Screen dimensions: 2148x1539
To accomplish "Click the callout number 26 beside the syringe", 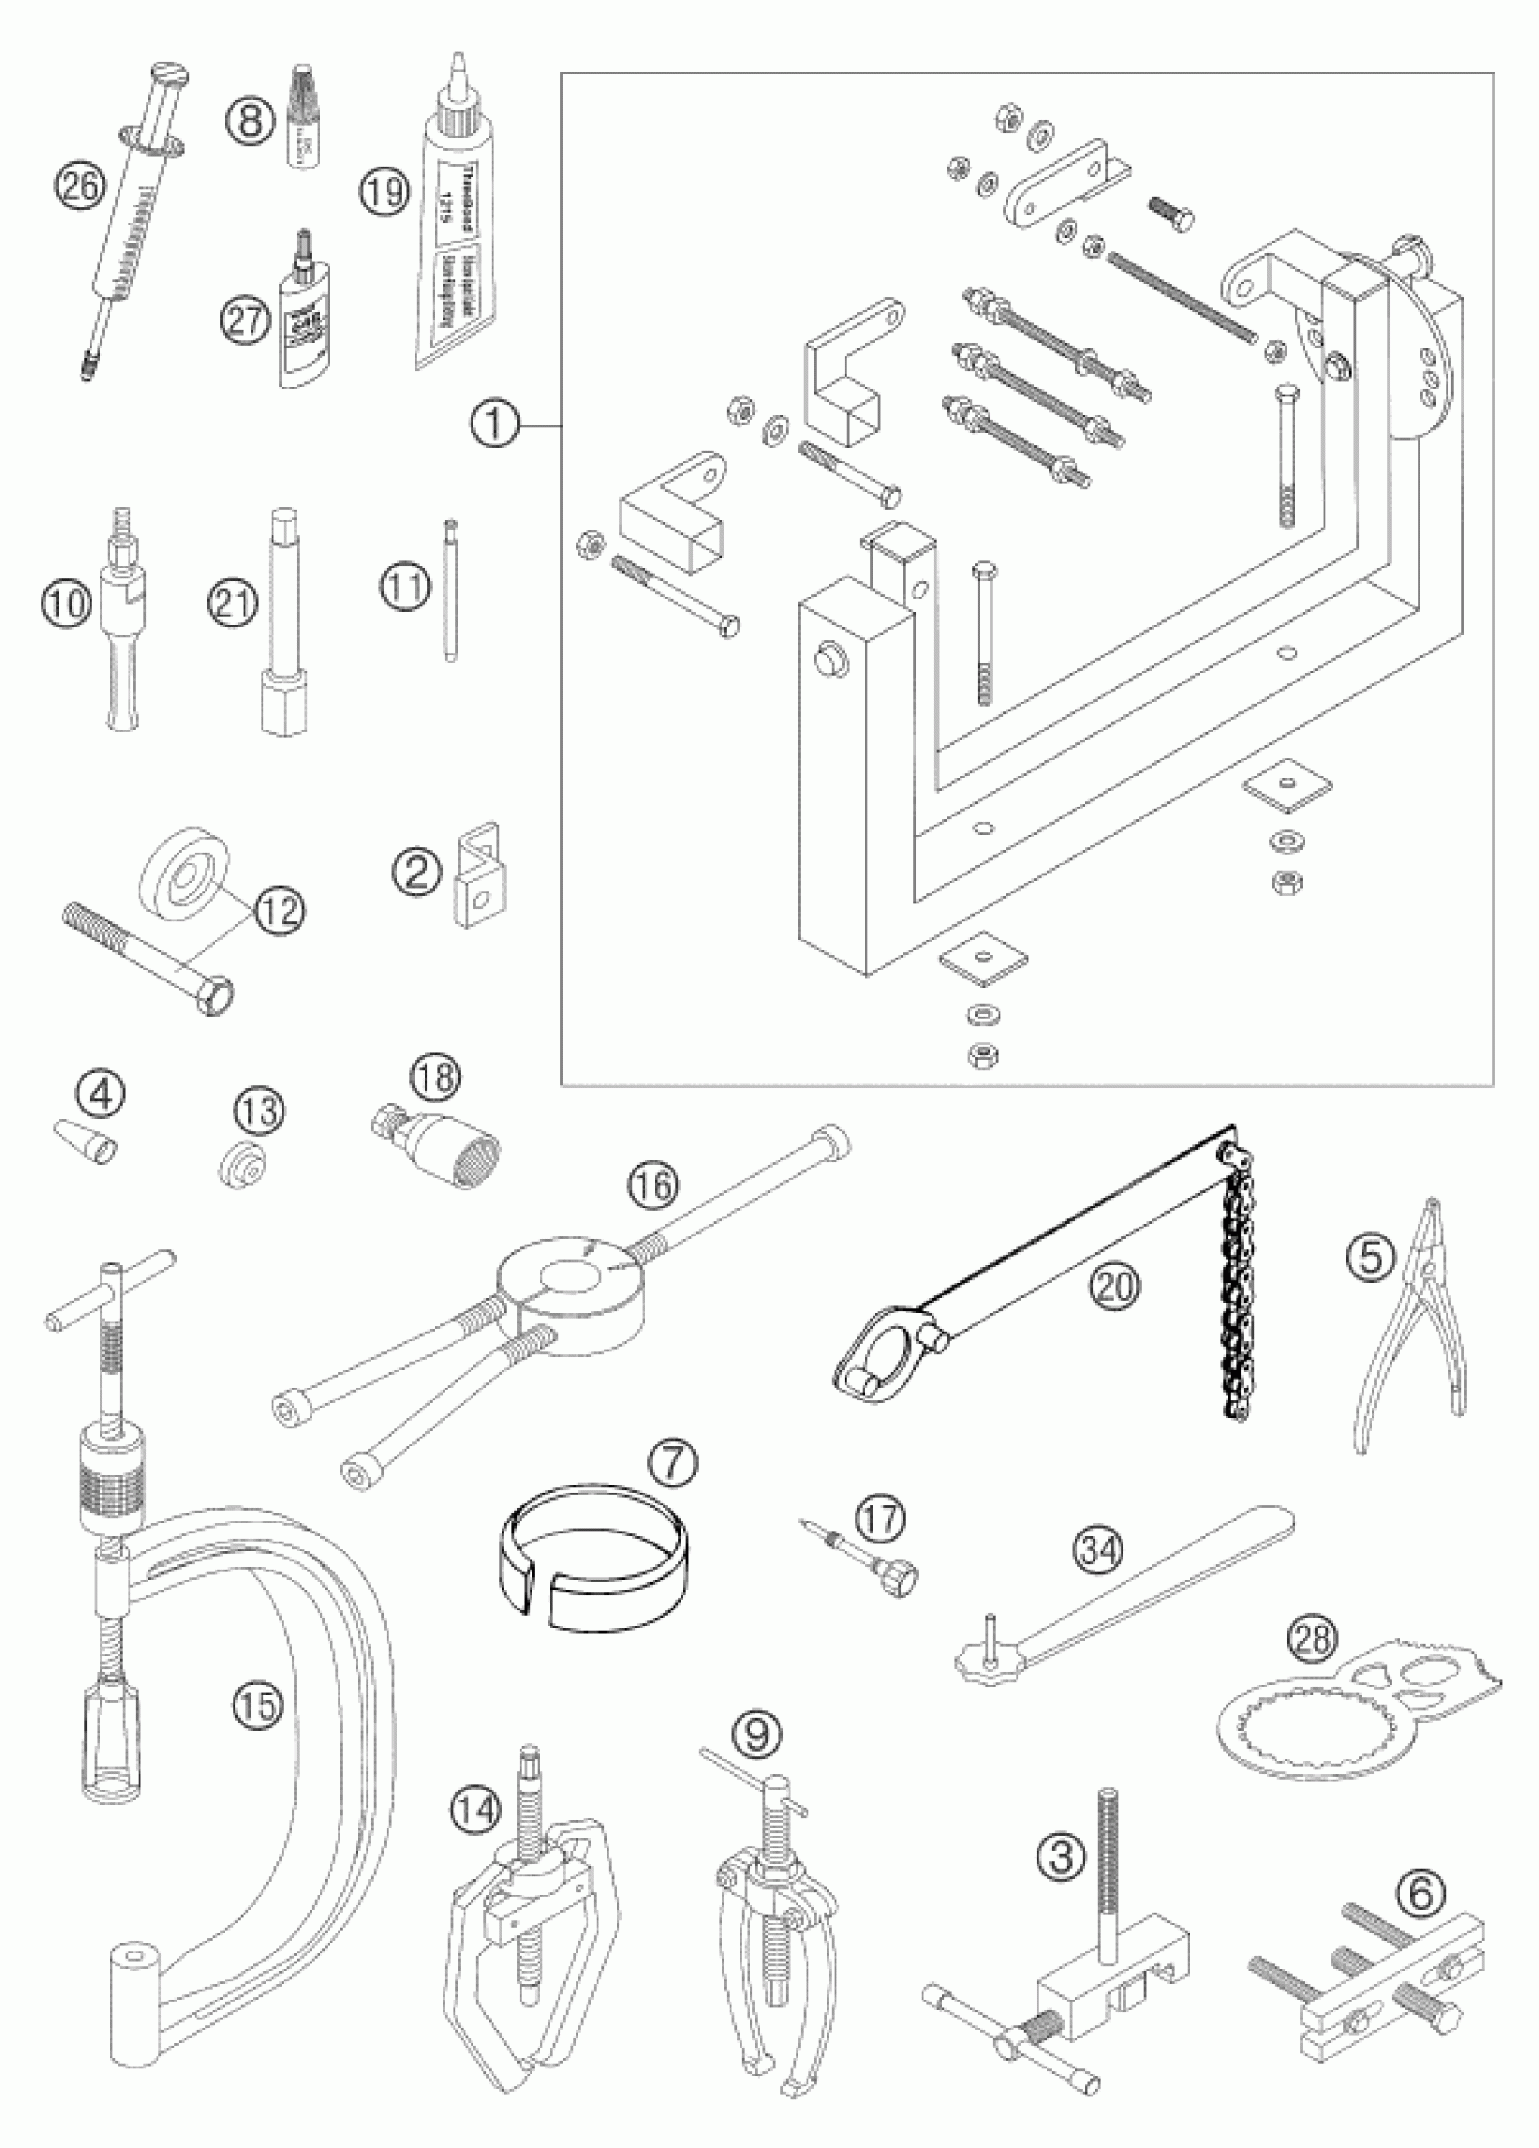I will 81,185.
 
